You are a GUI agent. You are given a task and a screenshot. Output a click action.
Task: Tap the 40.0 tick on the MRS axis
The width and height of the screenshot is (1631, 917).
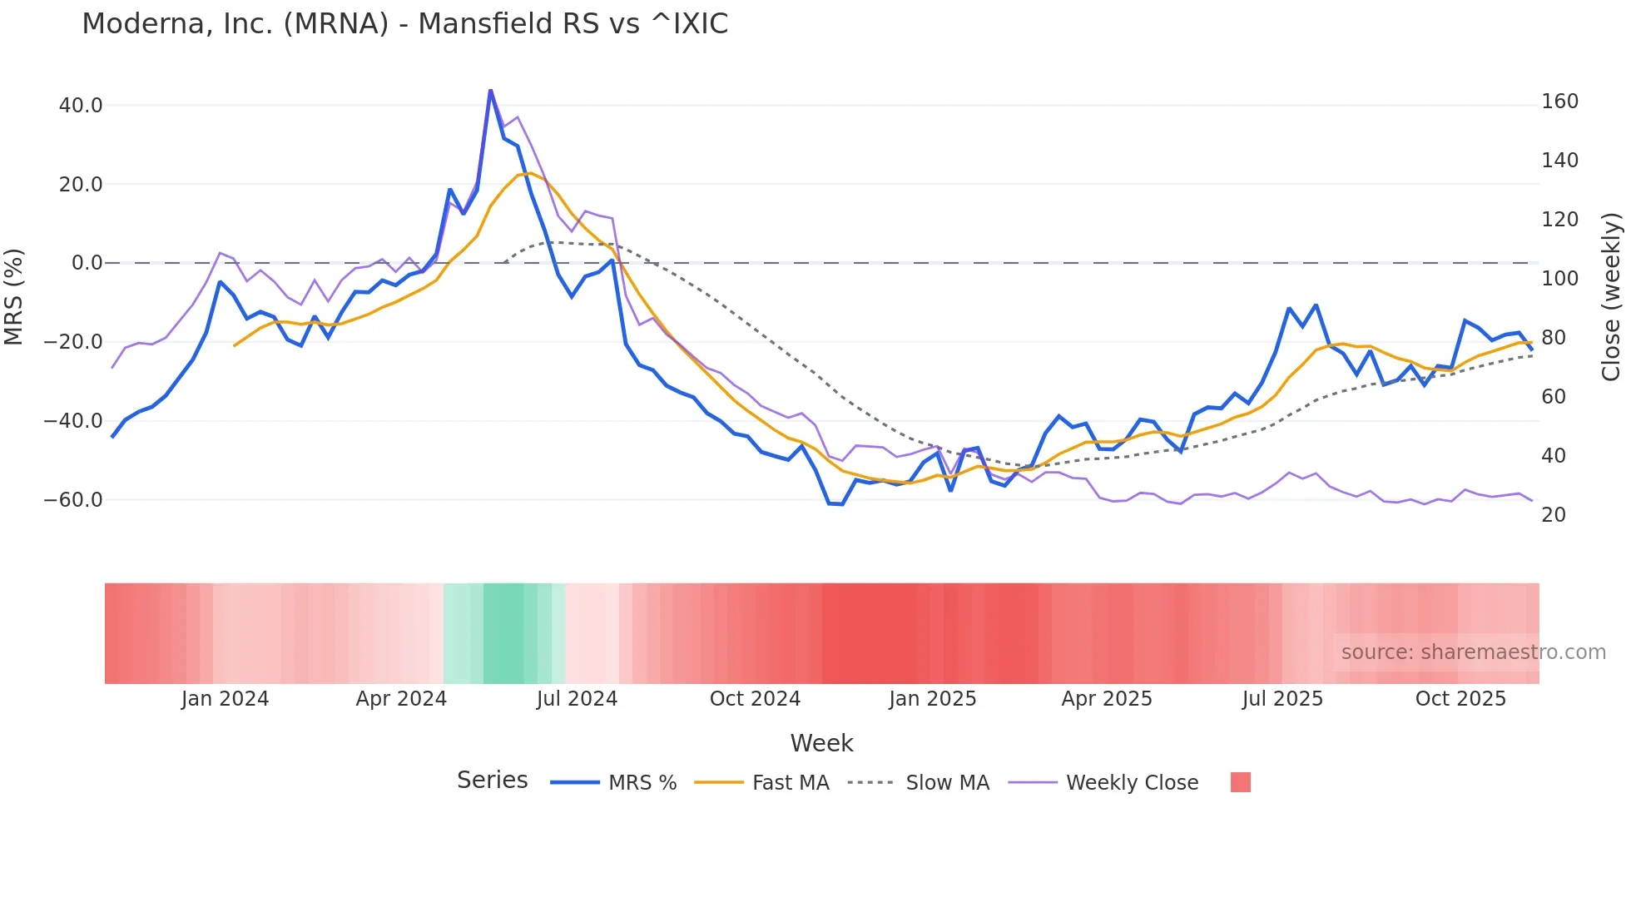coord(81,106)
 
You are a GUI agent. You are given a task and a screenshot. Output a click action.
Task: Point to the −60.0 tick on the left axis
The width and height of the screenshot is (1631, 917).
coord(73,500)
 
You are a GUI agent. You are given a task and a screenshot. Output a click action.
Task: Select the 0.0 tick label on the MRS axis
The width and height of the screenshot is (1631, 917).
coord(87,263)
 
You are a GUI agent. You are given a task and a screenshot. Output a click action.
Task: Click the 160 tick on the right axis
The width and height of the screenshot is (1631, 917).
coord(1559,102)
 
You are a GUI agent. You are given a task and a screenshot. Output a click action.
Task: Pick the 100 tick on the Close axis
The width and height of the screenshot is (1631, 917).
coord(1559,279)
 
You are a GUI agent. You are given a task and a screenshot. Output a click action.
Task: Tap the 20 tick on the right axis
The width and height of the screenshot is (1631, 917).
coord(1554,515)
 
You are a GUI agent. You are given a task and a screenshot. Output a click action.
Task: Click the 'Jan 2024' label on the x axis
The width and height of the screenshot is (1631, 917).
coord(225,699)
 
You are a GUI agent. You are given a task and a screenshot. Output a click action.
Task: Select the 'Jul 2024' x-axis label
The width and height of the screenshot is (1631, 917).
coord(577,699)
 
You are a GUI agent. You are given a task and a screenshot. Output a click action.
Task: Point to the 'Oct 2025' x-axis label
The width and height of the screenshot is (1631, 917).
coord(1460,699)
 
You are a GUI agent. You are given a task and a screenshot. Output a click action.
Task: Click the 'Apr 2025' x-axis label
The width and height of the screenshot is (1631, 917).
coord(1107,699)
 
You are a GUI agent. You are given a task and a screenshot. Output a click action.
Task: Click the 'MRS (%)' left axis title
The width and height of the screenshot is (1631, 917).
coord(14,296)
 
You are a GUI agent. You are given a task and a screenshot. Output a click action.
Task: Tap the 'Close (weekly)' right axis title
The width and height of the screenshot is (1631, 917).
coord(1612,296)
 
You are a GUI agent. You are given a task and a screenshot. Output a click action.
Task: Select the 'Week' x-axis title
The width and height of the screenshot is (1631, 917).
coord(821,743)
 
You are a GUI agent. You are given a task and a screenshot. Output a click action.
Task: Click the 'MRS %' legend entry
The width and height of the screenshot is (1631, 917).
coord(642,783)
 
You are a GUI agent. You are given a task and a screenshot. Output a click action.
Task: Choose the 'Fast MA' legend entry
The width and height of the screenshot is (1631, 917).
coord(790,783)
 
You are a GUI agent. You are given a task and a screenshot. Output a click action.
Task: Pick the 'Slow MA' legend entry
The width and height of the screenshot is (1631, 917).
coord(947,783)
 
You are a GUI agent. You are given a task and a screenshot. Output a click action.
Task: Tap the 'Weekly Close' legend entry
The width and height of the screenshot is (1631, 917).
coord(1132,783)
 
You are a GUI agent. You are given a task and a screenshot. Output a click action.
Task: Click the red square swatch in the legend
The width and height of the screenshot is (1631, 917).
coord(1240,782)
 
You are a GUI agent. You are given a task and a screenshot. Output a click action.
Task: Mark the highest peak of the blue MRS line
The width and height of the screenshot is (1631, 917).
coord(490,90)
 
